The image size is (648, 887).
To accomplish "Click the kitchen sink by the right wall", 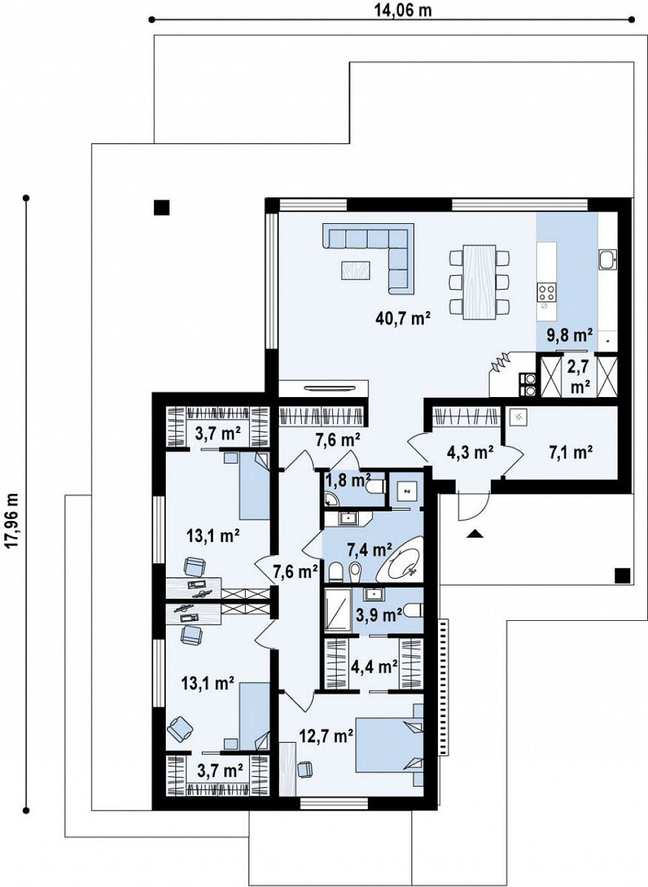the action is tap(607, 259).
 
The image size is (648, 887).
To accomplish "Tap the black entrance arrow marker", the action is tap(475, 534).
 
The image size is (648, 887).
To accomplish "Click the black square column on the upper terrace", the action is tap(162, 207).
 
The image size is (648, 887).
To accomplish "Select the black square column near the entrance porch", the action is tap(622, 575).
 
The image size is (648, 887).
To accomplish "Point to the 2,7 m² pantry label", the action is tap(579, 376).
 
